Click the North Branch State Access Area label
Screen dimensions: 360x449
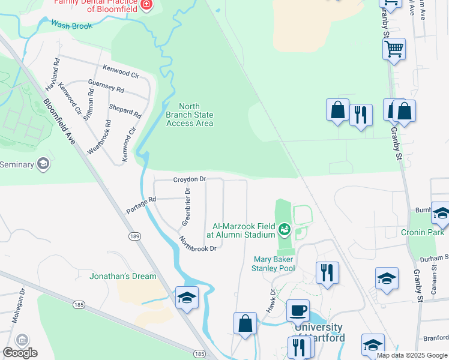pyautogui.click(x=189, y=115)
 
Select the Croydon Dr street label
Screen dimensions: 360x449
pyautogui.click(x=190, y=179)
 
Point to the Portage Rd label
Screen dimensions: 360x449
pyautogui.click(x=141, y=205)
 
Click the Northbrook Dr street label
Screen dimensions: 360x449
pyautogui.click(x=197, y=244)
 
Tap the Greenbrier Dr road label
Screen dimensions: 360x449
pyautogui.click(x=186, y=208)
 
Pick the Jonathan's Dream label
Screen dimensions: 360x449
pyautogui.click(x=123, y=276)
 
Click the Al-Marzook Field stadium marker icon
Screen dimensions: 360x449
pyautogui.click(x=285, y=228)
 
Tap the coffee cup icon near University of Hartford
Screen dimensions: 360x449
pyautogui.click(x=298, y=311)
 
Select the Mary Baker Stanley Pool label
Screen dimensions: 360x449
pyautogui.click(x=273, y=264)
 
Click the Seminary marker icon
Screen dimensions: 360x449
pyautogui.click(x=43, y=164)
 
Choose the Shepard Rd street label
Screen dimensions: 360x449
pyautogui.click(x=125, y=110)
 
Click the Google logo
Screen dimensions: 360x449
pyautogui.click(x=20, y=353)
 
